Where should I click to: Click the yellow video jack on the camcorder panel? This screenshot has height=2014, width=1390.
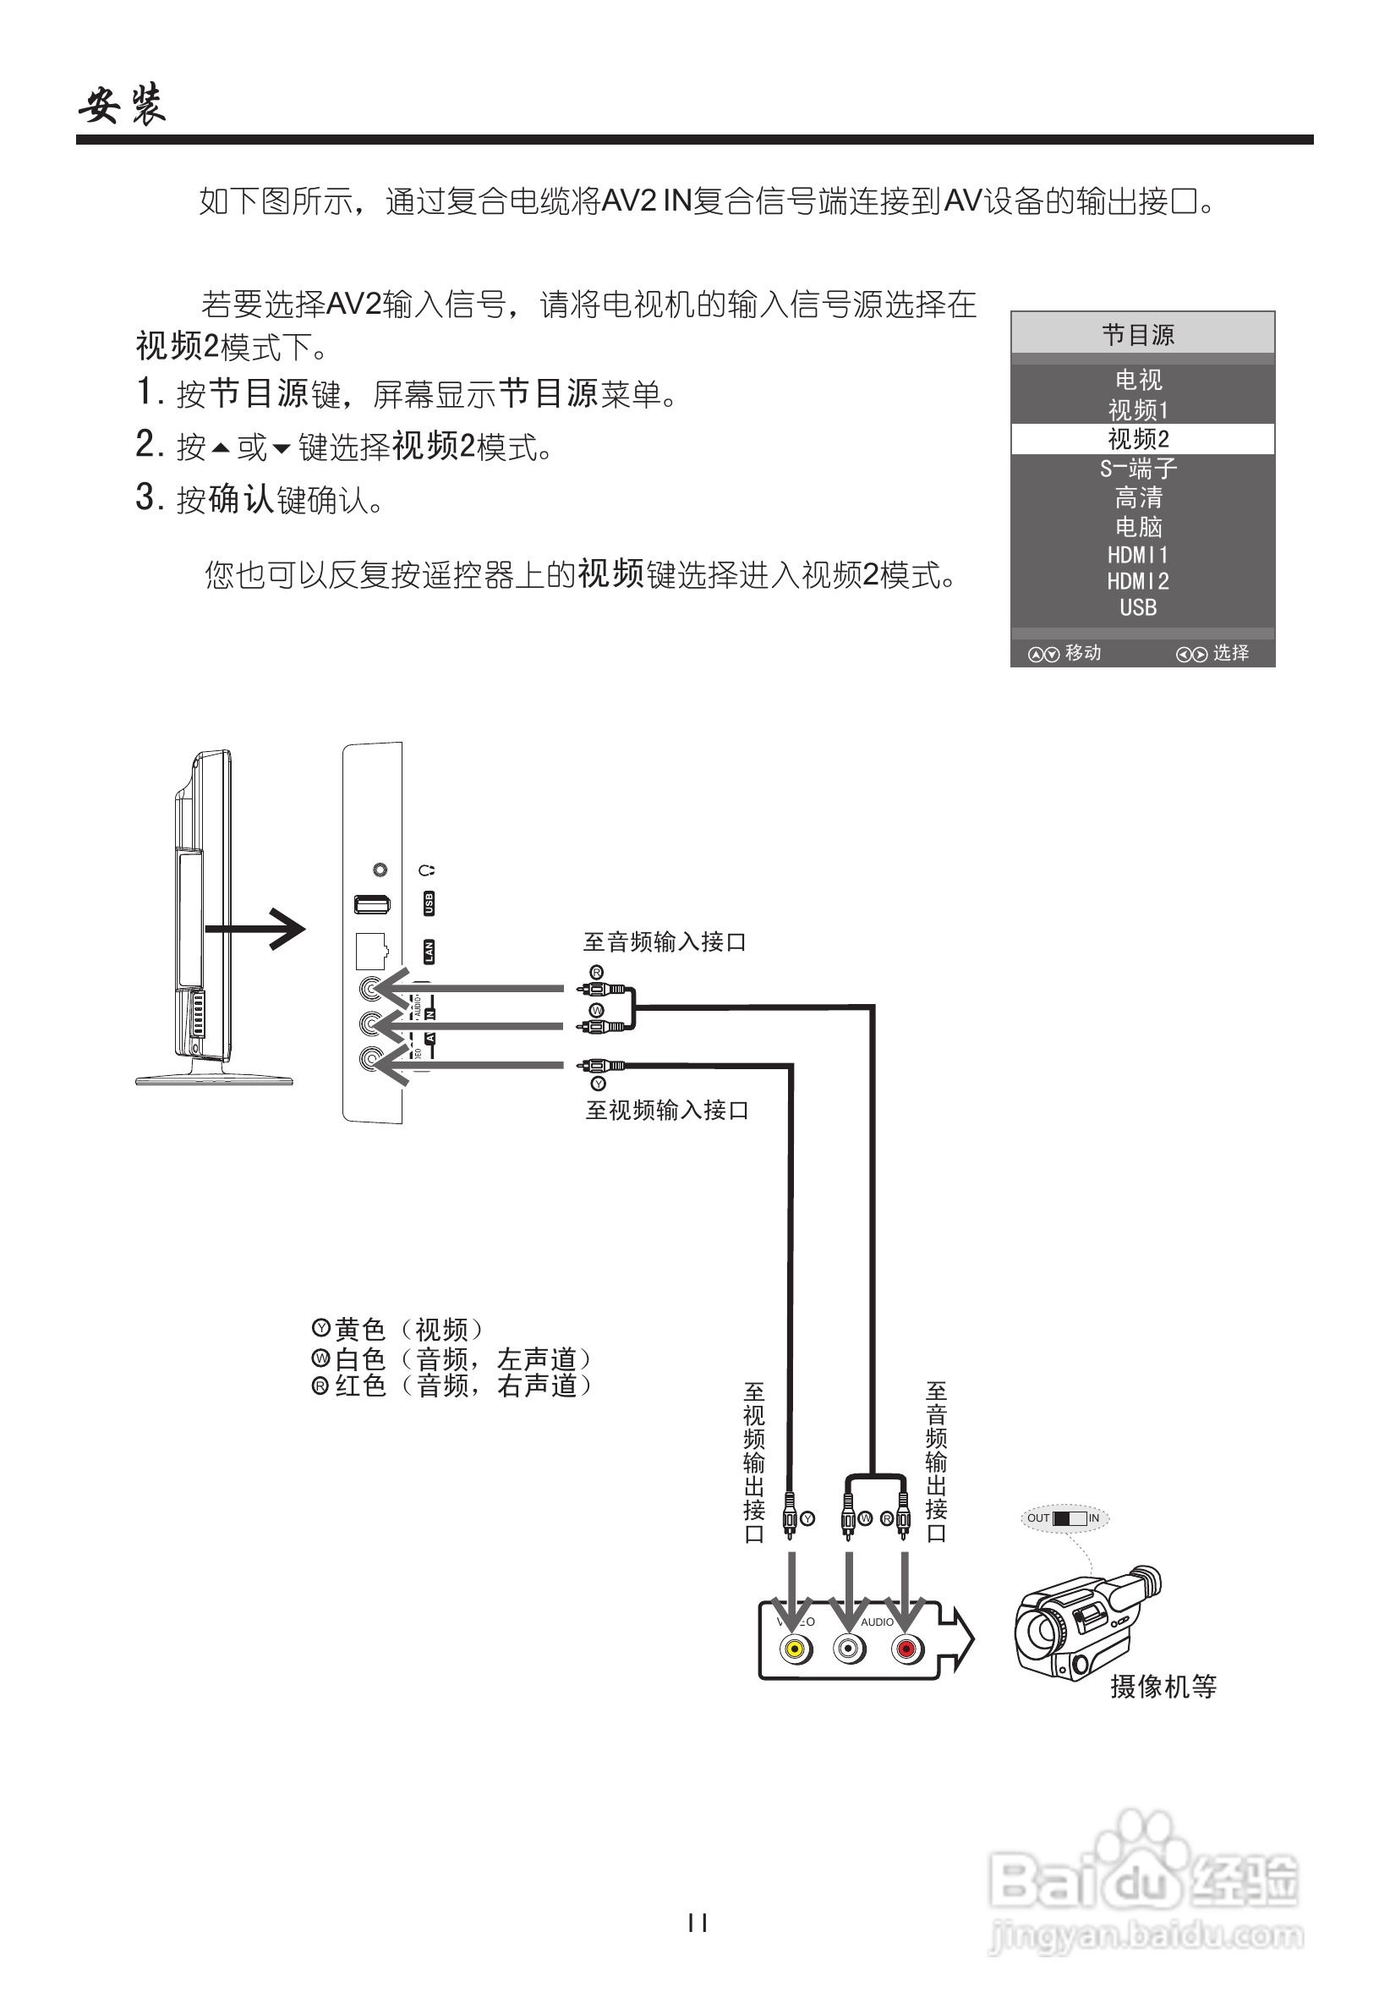[x=794, y=1649]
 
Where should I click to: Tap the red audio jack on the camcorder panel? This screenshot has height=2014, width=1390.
[x=906, y=1649]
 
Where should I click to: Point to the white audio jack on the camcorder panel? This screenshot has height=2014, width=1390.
[x=850, y=1649]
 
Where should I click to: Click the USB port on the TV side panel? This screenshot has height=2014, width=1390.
[x=372, y=905]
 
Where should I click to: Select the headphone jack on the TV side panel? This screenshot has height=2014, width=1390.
[x=380, y=870]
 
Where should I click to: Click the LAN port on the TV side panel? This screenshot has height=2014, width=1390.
[x=370, y=952]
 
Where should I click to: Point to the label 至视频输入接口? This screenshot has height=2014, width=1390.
[x=667, y=1111]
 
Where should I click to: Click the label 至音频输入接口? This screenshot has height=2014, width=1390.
[x=665, y=941]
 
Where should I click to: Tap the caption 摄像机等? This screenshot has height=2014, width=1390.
[x=1163, y=1687]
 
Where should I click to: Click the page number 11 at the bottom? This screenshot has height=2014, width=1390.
[x=697, y=1923]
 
